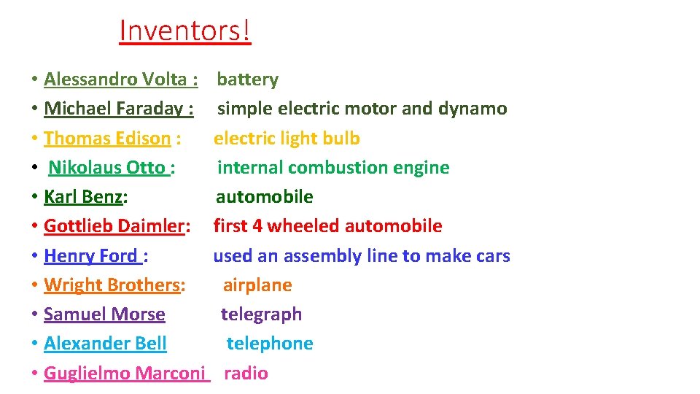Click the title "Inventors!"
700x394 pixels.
click(x=184, y=31)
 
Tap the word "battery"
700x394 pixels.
click(x=248, y=79)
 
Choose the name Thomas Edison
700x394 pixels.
click(x=107, y=138)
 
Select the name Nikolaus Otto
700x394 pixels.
click(x=106, y=167)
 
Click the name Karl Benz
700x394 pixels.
click(x=83, y=196)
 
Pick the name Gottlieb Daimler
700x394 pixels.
click(x=114, y=226)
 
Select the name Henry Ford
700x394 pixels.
click(x=90, y=256)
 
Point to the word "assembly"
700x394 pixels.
click(x=316, y=256)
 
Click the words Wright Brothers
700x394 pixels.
click(x=112, y=285)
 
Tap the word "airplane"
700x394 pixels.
click(x=257, y=285)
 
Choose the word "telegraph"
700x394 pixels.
click(x=262, y=314)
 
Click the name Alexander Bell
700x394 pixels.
click(x=105, y=344)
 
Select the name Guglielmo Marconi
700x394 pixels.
click(x=125, y=374)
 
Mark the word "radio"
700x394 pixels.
click(x=246, y=374)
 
